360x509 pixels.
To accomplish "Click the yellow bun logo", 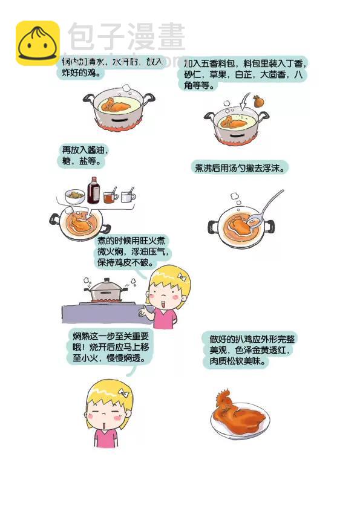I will point(38,43).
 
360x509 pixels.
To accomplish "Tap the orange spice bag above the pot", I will point(258,102).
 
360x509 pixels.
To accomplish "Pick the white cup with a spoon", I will point(127,196).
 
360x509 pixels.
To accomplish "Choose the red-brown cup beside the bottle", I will point(110,197).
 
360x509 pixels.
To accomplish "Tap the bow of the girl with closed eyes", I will point(124,392).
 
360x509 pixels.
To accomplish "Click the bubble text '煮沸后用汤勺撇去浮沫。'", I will point(238,167).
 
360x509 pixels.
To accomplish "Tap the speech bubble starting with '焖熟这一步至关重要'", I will point(111,346).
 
